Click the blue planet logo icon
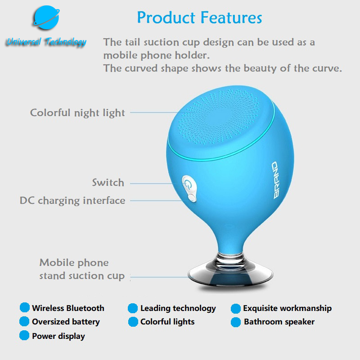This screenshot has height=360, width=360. coord(46,18)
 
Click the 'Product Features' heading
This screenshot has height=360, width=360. coord(199,18)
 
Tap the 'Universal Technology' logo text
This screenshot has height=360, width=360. coord(46,42)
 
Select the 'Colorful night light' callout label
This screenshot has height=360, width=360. coord(77,113)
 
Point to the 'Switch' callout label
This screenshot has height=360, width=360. coord(108,183)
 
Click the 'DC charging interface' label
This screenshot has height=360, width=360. coord(72,200)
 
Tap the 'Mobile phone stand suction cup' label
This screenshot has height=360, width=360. coord(82,269)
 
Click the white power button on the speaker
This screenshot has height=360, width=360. coord(188,184)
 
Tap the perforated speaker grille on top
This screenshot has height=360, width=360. coord(219,117)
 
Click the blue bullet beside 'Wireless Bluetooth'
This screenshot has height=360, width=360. coord(25,308)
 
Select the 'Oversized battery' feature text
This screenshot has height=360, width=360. coord(66,322)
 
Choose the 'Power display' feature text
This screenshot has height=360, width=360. coord(58,336)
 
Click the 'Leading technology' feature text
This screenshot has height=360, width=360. coord(178,308)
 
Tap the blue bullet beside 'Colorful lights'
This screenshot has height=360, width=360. coord(133,322)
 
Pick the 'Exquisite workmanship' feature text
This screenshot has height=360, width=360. coord(288,308)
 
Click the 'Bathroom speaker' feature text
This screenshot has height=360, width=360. coord(279,322)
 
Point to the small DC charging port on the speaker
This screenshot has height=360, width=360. coord(193,198)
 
